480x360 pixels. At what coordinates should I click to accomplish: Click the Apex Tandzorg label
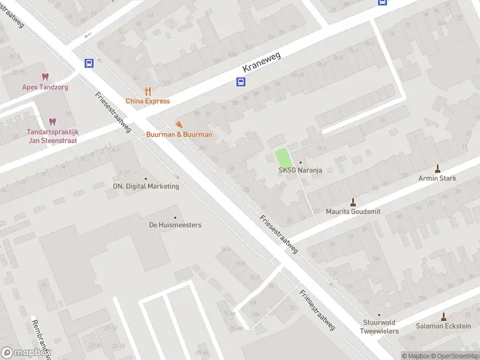(x=46, y=87)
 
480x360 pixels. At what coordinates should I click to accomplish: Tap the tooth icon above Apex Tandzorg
(x=45, y=76)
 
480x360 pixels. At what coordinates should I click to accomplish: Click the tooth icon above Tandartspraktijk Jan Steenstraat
(x=52, y=121)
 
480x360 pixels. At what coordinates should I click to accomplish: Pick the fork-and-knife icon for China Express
(x=148, y=91)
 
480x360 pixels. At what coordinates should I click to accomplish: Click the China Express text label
(x=148, y=101)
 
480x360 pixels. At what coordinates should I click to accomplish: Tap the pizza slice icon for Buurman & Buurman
(x=179, y=124)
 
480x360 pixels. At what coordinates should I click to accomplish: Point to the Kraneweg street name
(x=262, y=63)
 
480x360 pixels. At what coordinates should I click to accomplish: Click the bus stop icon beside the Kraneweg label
(x=240, y=83)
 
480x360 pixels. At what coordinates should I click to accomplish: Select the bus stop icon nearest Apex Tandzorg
(x=89, y=63)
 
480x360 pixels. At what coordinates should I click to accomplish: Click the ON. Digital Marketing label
(x=146, y=186)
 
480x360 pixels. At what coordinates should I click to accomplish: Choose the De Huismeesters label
(x=175, y=225)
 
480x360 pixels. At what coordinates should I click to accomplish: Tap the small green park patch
(x=284, y=158)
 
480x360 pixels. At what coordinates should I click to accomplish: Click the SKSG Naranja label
(x=300, y=170)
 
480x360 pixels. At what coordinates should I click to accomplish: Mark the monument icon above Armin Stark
(x=437, y=168)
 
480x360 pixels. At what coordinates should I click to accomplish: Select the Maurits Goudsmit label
(x=353, y=211)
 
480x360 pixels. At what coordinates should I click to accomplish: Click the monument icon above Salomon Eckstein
(x=443, y=316)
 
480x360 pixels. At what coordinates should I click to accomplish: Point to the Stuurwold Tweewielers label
(x=379, y=326)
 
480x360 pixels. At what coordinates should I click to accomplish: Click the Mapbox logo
(x=26, y=353)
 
